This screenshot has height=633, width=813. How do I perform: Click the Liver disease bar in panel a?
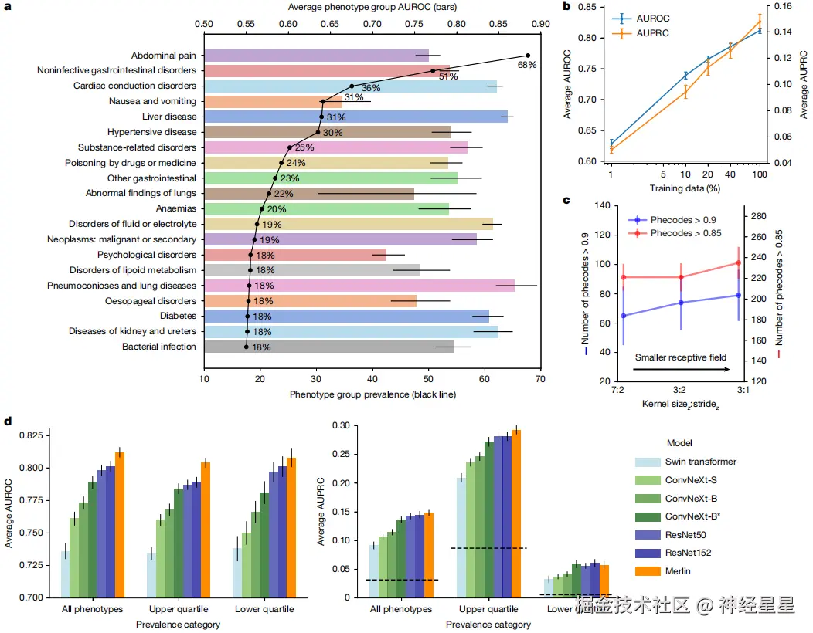click(355, 117)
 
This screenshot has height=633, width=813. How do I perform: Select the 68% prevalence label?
click(527, 66)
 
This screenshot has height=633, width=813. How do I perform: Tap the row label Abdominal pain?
click(163, 56)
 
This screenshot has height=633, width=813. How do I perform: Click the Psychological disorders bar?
click(294, 255)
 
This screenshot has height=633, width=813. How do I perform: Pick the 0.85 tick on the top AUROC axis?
click(498, 24)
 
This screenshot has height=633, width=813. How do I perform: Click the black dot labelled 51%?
click(433, 71)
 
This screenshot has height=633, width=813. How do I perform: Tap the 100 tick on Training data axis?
click(760, 176)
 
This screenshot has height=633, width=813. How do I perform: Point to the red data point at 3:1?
click(738, 263)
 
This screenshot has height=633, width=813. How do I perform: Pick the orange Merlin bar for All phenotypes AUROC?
click(119, 524)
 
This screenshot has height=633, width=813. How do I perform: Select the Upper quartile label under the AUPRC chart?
click(488, 610)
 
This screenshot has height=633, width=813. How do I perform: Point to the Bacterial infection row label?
click(158, 347)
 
